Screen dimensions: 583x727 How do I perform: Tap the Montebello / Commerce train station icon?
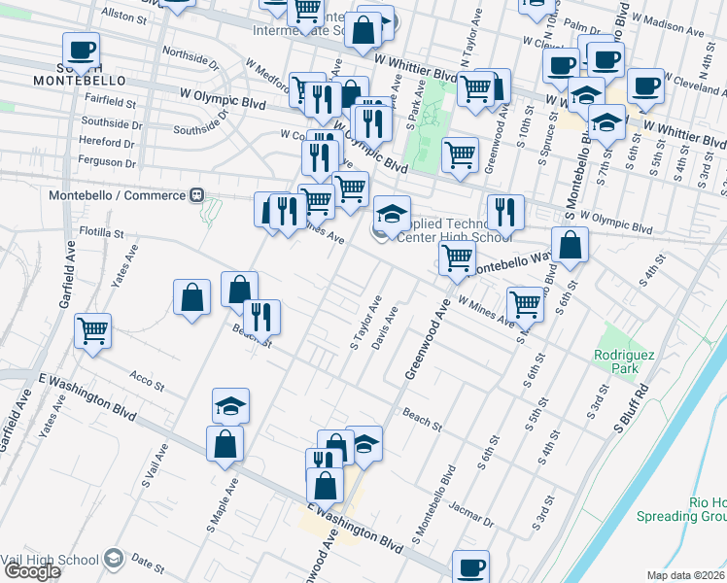(197, 195)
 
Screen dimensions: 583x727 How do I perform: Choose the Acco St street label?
(147, 382)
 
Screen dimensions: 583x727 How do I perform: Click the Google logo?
(32, 571)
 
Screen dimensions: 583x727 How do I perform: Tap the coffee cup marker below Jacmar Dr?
(470, 566)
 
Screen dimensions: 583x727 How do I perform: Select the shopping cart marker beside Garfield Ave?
(93, 330)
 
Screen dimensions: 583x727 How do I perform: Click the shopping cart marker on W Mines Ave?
(525, 303)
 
